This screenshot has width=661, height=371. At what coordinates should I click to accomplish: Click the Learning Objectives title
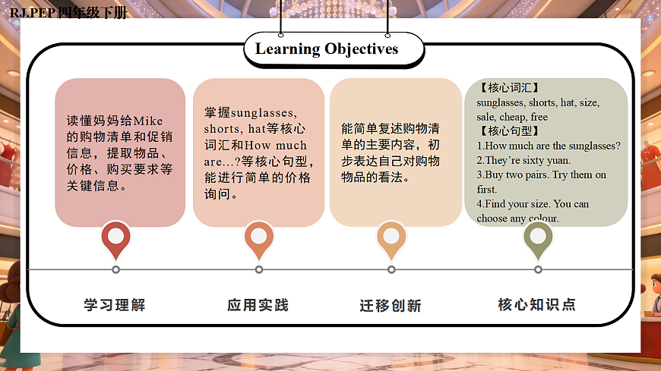pyautogui.click(x=327, y=49)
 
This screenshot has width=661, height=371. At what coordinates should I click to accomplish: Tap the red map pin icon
pyautogui.click(x=116, y=237)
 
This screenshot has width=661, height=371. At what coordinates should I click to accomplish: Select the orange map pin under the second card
pyautogui.click(x=258, y=237)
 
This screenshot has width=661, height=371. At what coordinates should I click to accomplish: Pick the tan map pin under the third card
pyautogui.click(x=391, y=237)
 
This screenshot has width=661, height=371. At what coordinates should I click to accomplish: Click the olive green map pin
pyautogui.click(x=538, y=237)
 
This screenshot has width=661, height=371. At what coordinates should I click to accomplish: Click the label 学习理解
pyautogui.click(x=115, y=305)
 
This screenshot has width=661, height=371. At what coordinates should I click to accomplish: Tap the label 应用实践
pyautogui.click(x=258, y=305)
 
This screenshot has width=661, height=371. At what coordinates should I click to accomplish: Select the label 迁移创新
pyautogui.click(x=391, y=306)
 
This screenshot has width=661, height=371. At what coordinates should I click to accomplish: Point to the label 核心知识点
pyautogui.click(x=537, y=305)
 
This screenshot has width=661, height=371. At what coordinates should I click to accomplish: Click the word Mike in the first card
pyautogui.click(x=149, y=121)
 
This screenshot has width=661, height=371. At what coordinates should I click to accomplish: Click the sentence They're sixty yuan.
pyautogui.click(x=523, y=160)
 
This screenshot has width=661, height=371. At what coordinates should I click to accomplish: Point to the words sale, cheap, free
pyautogui.click(x=512, y=117)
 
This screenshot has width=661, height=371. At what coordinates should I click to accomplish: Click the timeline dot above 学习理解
pyautogui.click(x=115, y=269)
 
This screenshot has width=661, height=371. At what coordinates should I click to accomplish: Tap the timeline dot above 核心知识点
pyautogui.click(x=538, y=269)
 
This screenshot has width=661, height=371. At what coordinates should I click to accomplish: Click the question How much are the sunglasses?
pyautogui.click(x=549, y=146)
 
